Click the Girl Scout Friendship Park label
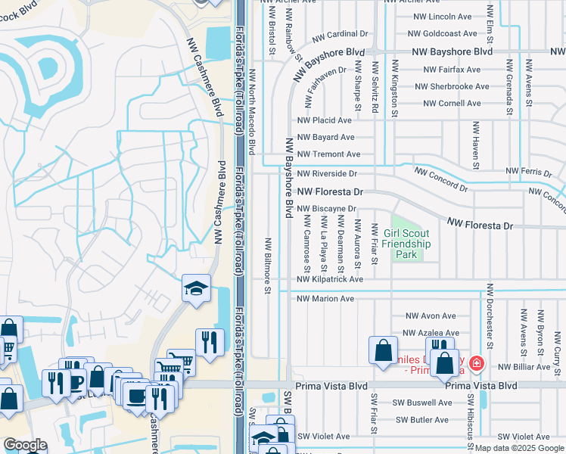406,244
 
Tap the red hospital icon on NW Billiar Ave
476,364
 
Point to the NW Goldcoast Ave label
443,34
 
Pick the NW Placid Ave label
325,120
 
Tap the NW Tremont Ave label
329,154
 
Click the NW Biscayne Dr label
326,209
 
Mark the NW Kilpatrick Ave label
330,279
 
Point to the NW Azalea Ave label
431,333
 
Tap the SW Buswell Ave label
424,403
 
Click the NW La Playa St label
324,244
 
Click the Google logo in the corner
25,446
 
